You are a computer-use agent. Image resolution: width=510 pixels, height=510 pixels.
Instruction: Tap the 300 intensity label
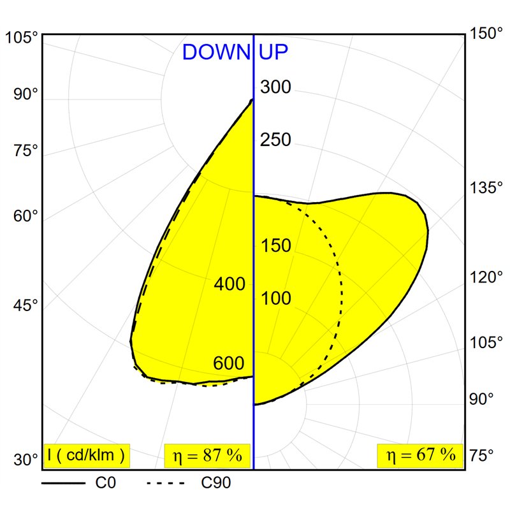[x=276, y=87]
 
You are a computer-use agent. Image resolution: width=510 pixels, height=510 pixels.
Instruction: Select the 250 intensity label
[x=276, y=140]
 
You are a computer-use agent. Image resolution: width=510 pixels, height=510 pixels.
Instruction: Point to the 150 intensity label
[x=276, y=245]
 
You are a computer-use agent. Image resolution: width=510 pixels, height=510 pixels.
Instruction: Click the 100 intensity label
[x=276, y=298]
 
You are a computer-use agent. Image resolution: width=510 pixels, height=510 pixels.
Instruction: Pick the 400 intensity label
[x=229, y=284]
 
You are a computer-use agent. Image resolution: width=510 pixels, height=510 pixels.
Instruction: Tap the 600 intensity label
[x=229, y=363]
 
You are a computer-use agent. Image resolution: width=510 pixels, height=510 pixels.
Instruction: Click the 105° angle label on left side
[x=22, y=38]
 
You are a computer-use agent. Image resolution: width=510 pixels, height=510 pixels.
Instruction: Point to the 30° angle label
[x=26, y=460]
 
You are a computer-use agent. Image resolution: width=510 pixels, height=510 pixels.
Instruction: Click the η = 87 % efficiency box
[x=207, y=455]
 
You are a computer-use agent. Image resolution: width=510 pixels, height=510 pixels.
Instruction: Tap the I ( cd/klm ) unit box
[x=87, y=455]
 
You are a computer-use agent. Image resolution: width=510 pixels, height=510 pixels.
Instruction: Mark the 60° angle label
[x=26, y=217]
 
